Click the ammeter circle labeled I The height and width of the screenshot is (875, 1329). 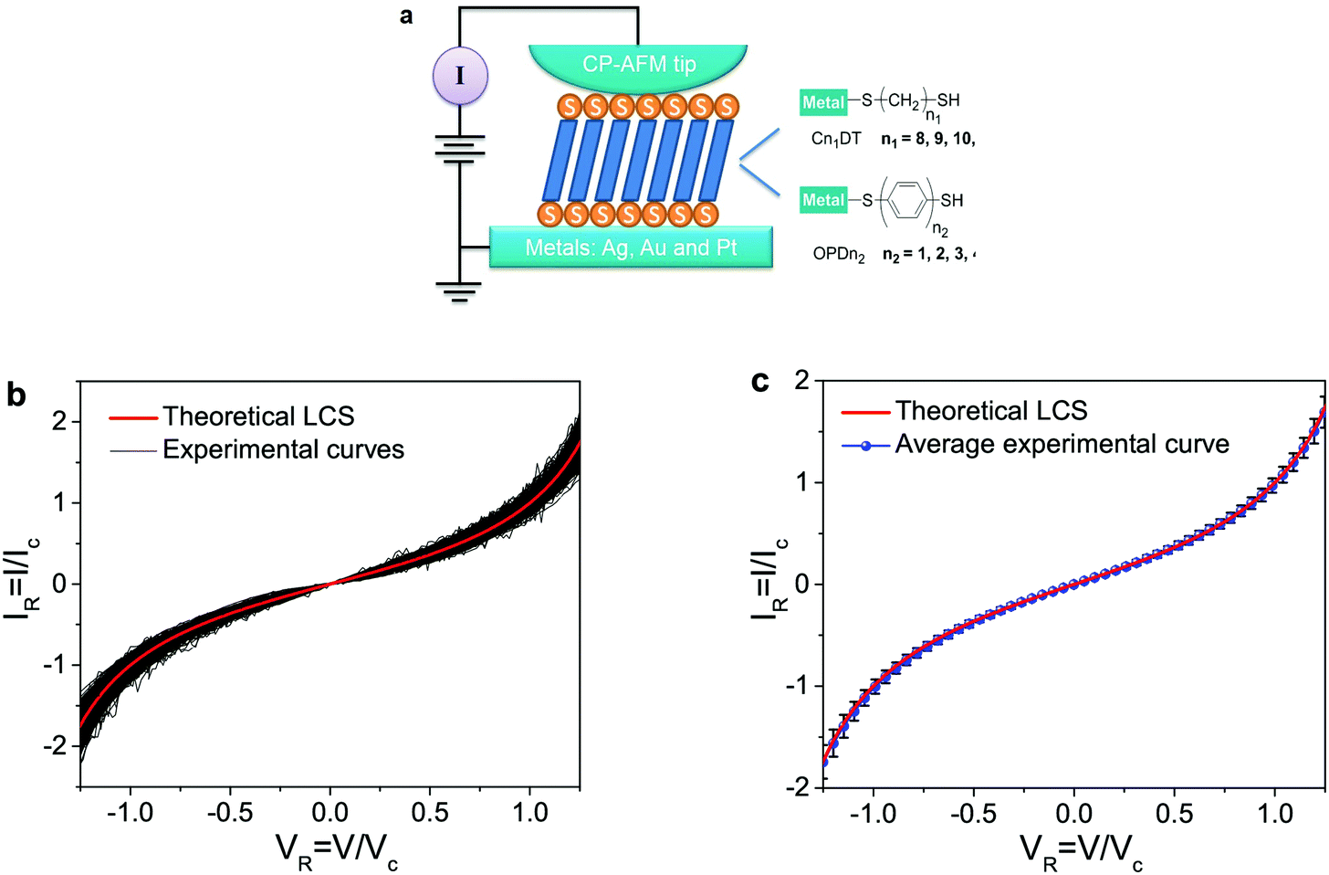(x=460, y=75)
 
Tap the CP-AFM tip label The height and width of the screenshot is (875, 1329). (x=639, y=64)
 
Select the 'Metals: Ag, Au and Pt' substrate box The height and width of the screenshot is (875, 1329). (x=631, y=248)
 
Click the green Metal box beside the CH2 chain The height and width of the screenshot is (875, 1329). (x=822, y=102)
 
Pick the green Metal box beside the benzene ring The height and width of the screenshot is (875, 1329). (x=822, y=200)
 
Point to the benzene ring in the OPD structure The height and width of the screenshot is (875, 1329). (x=905, y=201)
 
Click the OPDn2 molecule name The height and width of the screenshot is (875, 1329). (x=838, y=255)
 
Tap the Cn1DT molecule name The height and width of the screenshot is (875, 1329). (x=836, y=140)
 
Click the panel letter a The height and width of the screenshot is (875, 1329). (x=406, y=15)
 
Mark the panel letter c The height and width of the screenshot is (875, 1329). (x=759, y=380)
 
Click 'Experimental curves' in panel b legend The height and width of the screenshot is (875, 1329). (x=283, y=449)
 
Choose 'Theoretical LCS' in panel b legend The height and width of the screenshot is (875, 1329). (x=258, y=416)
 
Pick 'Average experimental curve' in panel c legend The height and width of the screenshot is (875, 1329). (x=1062, y=444)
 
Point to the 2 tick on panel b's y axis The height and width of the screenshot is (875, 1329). (x=60, y=421)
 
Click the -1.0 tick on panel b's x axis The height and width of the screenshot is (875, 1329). (x=130, y=812)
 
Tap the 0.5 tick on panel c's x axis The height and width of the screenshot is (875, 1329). (x=1174, y=813)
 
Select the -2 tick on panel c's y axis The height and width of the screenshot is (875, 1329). (x=797, y=786)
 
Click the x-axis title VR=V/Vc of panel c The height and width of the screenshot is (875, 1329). (x=1081, y=850)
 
